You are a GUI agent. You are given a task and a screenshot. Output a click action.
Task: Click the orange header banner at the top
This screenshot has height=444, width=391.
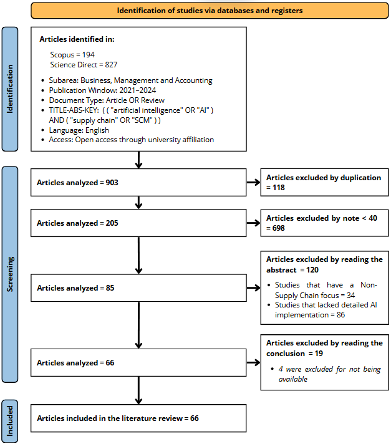click(210, 11)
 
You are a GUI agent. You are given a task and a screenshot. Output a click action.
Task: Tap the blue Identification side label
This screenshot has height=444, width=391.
click(10, 89)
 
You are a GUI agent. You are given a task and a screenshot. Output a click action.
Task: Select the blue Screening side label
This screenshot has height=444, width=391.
click(10, 274)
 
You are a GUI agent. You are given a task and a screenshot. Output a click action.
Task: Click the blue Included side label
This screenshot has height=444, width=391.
click(10, 421)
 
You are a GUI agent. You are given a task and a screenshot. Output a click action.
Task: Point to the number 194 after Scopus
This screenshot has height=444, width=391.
click(89, 55)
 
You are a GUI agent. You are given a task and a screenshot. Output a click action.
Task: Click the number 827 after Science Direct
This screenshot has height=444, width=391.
click(111, 65)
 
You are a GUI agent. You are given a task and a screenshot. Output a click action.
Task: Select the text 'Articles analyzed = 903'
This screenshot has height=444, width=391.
click(77, 183)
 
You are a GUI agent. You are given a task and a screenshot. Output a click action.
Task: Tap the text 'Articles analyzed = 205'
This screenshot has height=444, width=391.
click(77, 223)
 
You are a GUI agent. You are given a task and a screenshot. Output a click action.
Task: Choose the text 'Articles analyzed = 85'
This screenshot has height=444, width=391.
click(75, 288)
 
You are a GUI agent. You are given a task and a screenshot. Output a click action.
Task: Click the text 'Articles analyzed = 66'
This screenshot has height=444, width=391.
click(75, 363)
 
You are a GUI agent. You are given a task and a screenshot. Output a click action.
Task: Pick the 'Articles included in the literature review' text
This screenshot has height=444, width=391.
click(110, 418)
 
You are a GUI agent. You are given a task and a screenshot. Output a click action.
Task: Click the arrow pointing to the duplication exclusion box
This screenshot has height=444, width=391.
click(253, 183)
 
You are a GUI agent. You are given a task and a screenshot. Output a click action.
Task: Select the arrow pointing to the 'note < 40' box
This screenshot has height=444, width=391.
click(253, 223)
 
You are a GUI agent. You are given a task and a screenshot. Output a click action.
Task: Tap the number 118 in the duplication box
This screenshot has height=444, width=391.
click(279, 188)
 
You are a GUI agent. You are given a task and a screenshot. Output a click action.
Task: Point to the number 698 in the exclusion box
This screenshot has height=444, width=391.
click(279, 228)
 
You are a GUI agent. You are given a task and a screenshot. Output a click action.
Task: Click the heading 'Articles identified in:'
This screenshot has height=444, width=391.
click(77, 39)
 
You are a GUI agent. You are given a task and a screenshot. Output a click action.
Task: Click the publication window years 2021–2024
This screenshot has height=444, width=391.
click(138, 90)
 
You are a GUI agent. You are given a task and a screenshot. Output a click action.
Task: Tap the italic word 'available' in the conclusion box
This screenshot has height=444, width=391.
click(292, 379)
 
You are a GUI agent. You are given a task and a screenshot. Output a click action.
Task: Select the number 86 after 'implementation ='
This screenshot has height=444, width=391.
click(341, 315)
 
